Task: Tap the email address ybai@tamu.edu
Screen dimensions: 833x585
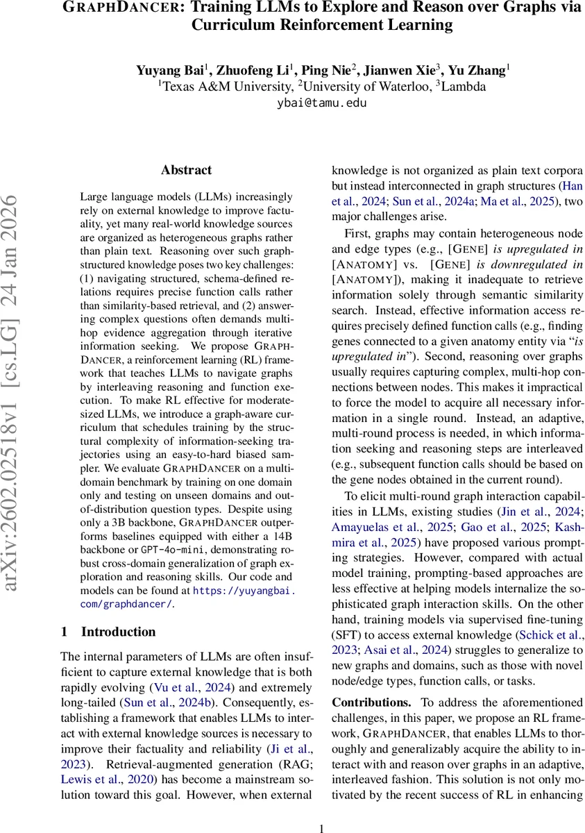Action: pos(321,103)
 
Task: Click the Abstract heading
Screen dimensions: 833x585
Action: pos(186,170)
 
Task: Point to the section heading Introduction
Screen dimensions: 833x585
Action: pos(119,632)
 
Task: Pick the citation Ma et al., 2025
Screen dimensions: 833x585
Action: pos(520,202)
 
